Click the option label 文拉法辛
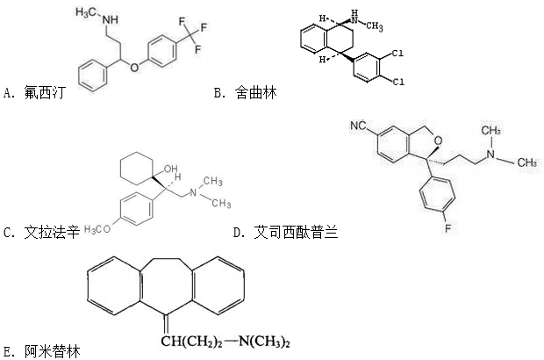tap(52, 233)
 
